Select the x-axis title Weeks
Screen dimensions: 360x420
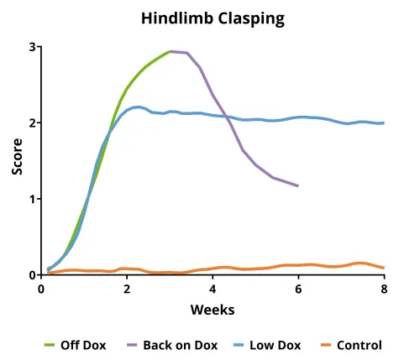(x=212, y=310)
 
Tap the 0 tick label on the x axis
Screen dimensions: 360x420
(x=41, y=289)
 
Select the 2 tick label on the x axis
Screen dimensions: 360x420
(x=127, y=289)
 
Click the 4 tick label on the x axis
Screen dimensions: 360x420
(x=213, y=289)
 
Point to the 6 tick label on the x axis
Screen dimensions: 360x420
(x=298, y=289)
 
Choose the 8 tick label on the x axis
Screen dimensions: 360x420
(x=384, y=289)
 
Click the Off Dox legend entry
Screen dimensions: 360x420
(x=82, y=345)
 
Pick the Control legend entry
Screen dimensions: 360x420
(x=359, y=345)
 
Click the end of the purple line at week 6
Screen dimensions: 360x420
(x=298, y=185)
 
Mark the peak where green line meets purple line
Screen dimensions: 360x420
(x=170, y=51)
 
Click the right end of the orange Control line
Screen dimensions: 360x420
(x=384, y=268)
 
